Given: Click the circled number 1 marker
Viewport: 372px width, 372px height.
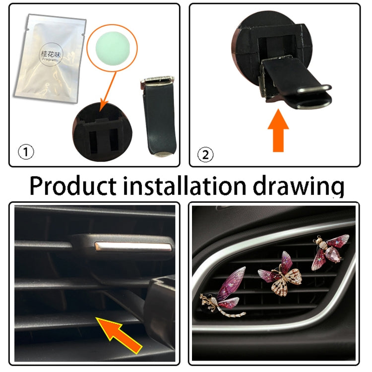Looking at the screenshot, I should pyautogui.click(x=26, y=152).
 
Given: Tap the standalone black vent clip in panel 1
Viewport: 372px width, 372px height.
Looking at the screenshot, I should pyautogui.click(x=158, y=119).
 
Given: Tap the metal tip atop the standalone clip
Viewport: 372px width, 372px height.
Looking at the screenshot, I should pyautogui.click(x=158, y=81).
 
